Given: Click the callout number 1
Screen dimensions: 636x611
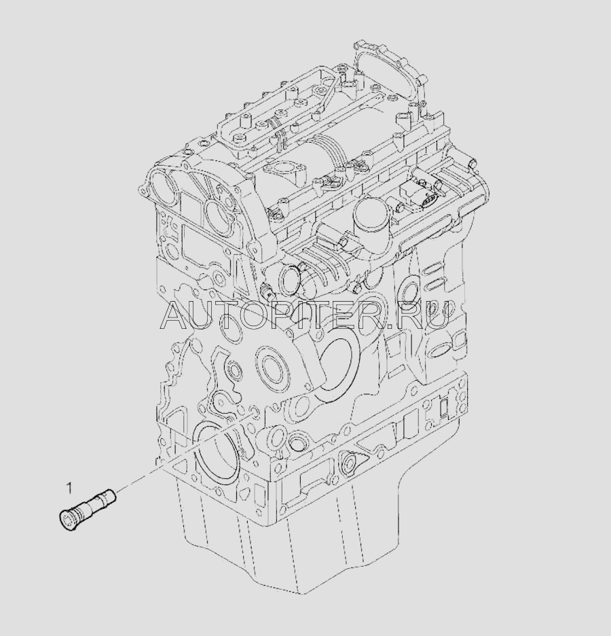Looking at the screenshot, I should point(69,487).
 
